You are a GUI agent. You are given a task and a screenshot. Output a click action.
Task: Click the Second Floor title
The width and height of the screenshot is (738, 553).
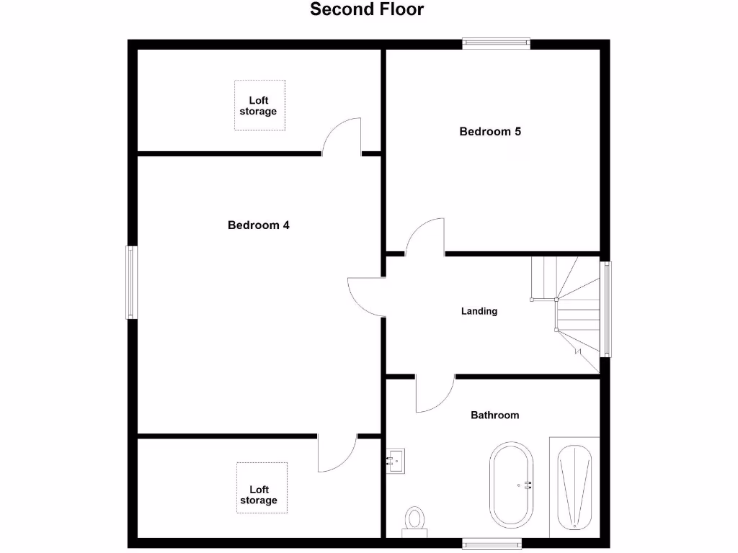coord(367,9)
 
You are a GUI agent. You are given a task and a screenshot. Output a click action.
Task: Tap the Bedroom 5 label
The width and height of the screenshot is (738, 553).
coord(490,132)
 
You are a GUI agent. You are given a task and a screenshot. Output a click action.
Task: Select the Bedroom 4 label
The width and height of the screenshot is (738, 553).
coord(258,225)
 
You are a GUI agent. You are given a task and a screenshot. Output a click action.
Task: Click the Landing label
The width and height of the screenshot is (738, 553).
coord(479,312)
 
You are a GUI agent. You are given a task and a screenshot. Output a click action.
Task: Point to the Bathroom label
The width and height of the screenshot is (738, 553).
coord(494,415)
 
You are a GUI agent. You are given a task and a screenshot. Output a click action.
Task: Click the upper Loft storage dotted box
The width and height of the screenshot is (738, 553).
coord(259,105)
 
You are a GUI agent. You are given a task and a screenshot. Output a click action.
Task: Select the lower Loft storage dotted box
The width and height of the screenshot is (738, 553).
coord(262,488)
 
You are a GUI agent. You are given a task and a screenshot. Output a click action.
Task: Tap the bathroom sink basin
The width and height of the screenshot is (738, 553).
coord(395,459)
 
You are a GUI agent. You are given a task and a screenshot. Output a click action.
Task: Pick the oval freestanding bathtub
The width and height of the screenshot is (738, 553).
coord(512,485)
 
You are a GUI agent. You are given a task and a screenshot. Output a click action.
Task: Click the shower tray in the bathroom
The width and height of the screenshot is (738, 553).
coord(574,487)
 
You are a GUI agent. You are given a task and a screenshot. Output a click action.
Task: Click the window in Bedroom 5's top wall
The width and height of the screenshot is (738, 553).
coord(496,43)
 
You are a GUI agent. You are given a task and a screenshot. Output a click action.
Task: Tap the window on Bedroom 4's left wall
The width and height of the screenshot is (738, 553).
coord(131,282)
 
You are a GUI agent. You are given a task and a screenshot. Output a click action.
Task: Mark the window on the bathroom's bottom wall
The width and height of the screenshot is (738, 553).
coord(492,542)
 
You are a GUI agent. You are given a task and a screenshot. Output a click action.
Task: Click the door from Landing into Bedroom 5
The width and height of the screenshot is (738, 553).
coord(426,238)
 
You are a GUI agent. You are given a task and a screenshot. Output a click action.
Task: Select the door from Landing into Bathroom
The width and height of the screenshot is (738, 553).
coord(435,394)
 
